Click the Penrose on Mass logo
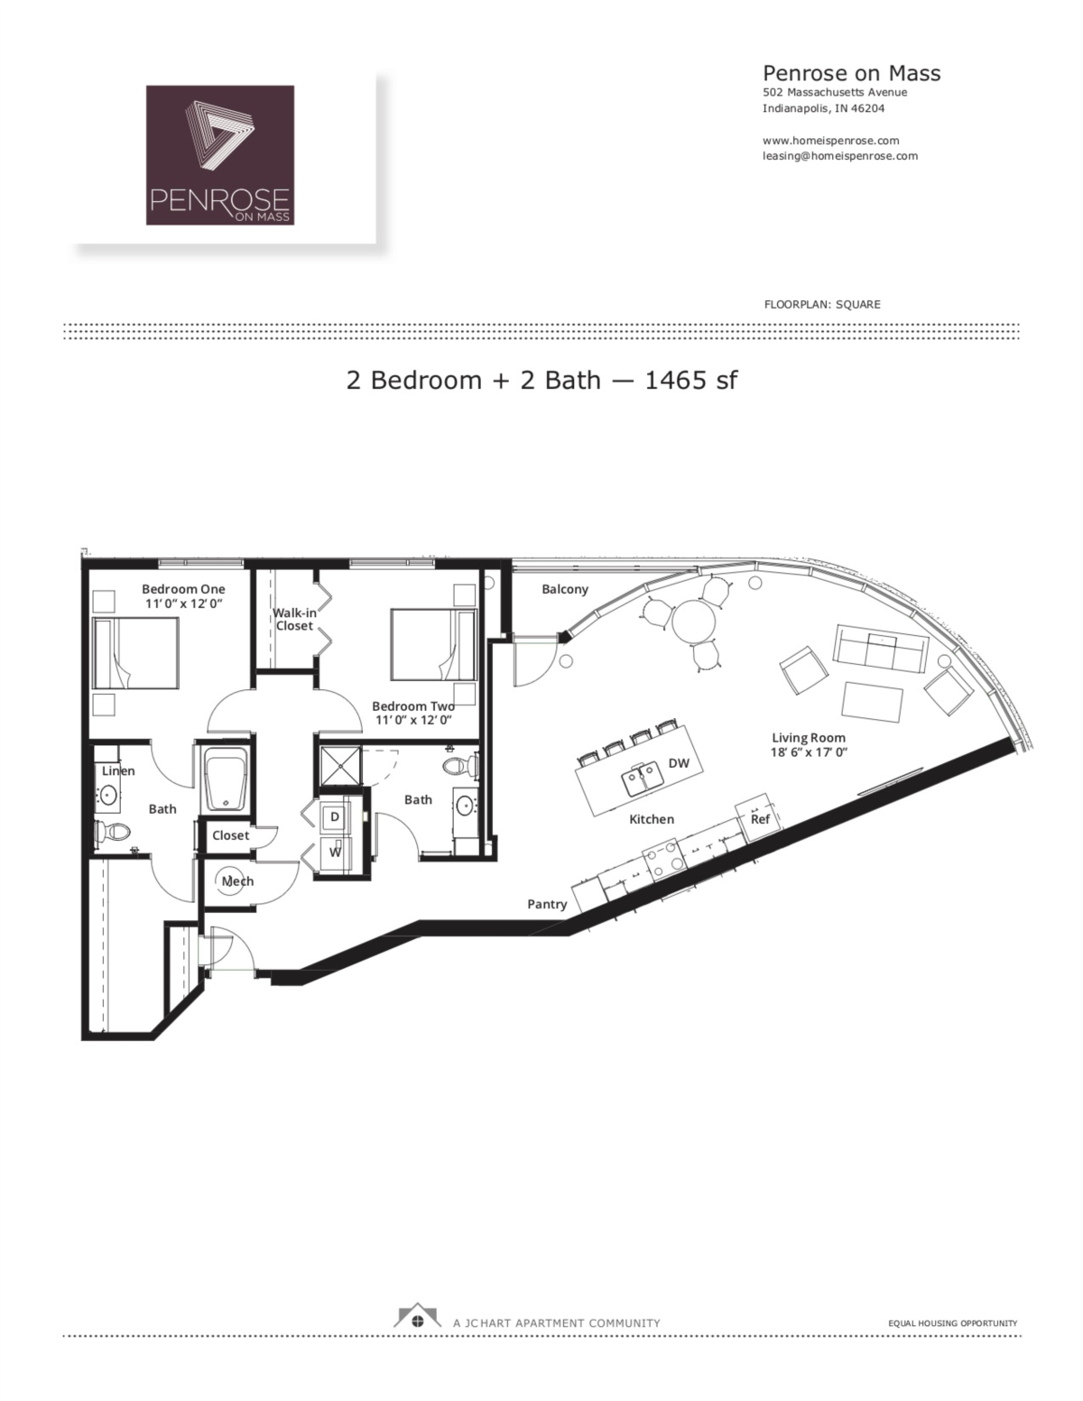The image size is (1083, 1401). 220,154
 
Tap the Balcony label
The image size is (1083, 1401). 565,589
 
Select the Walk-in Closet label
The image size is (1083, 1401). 294,619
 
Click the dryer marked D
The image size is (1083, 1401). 334,816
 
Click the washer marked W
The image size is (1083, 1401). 334,852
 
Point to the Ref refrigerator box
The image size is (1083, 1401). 760,818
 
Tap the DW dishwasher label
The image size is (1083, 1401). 679,763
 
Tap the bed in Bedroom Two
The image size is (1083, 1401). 433,644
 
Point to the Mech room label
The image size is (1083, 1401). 237,881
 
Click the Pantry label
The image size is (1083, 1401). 547,904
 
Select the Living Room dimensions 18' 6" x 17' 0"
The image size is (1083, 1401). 809,751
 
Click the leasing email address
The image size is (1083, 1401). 839,155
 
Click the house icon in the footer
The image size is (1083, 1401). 416,1317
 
